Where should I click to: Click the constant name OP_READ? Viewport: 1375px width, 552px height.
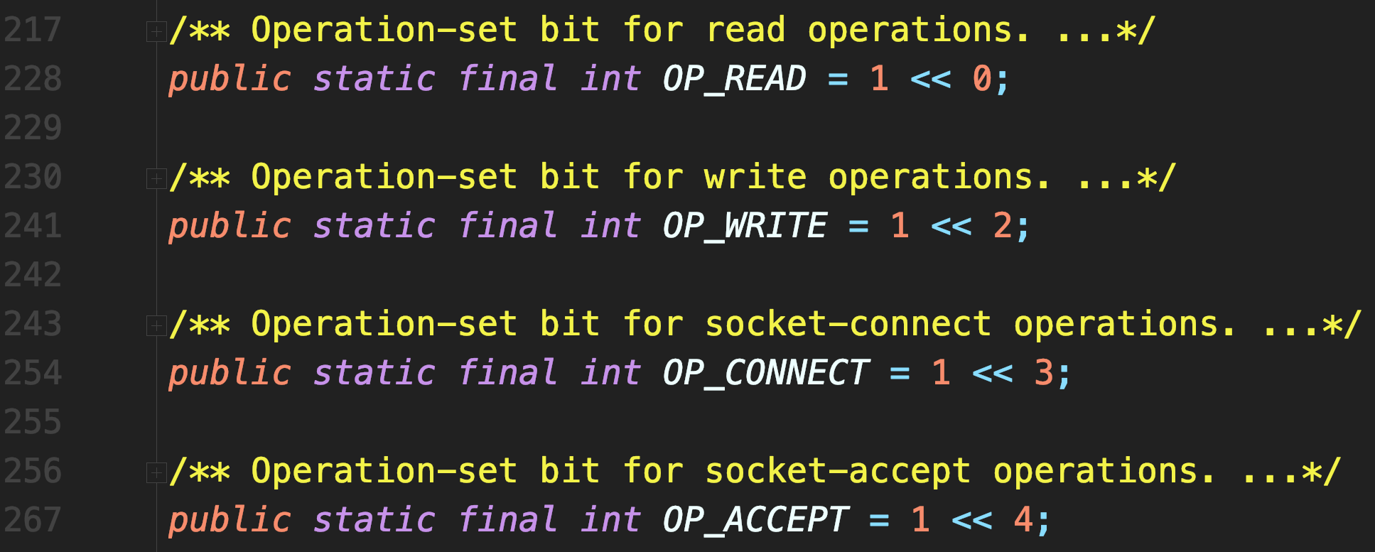coord(734,78)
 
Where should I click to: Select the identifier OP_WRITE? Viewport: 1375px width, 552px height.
coord(744,226)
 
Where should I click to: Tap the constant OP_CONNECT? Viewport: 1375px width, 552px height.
coord(765,373)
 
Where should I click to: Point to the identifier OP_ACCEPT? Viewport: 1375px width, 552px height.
coord(755,520)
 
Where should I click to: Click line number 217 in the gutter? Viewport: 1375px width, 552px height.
coord(33,30)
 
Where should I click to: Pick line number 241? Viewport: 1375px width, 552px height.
coord(33,226)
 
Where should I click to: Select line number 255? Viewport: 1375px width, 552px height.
coord(33,422)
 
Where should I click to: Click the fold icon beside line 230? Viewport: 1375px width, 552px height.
coord(156,178)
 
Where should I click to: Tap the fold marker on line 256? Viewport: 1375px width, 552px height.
coord(156,472)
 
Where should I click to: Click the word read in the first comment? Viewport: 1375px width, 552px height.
coord(745,30)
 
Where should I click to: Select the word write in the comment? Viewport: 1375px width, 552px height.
coord(755,177)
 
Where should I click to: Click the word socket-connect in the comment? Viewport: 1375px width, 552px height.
coord(848,324)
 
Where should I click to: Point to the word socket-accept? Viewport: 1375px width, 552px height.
coord(838,471)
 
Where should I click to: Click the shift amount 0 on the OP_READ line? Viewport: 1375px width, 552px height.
coord(982,78)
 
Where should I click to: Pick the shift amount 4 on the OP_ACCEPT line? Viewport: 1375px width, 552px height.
coord(1023,520)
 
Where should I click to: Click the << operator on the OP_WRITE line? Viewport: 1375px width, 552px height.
coord(951,226)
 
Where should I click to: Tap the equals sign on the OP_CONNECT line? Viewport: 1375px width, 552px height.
coord(900,373)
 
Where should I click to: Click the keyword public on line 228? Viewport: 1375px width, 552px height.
coord(230,78)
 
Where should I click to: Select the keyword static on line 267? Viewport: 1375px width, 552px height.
coord(374,520)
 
